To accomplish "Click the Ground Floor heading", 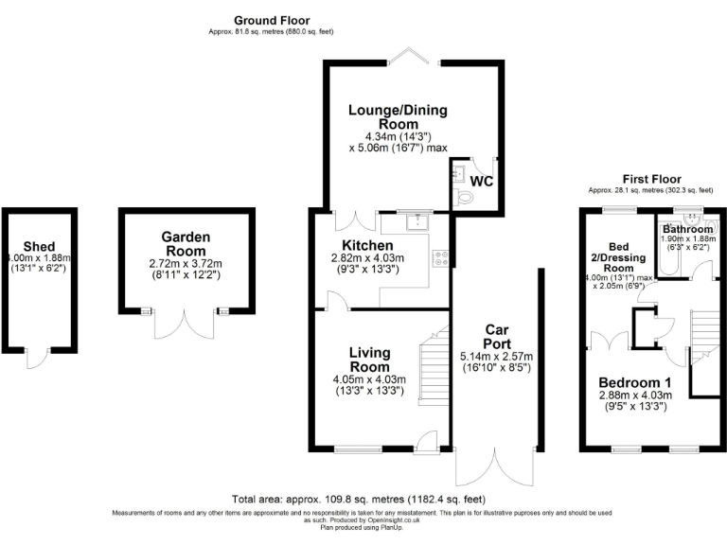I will coord(272,20).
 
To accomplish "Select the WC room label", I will coord(481,181).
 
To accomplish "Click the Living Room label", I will coord(368,360).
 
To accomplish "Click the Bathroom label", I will coord(687,230).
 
